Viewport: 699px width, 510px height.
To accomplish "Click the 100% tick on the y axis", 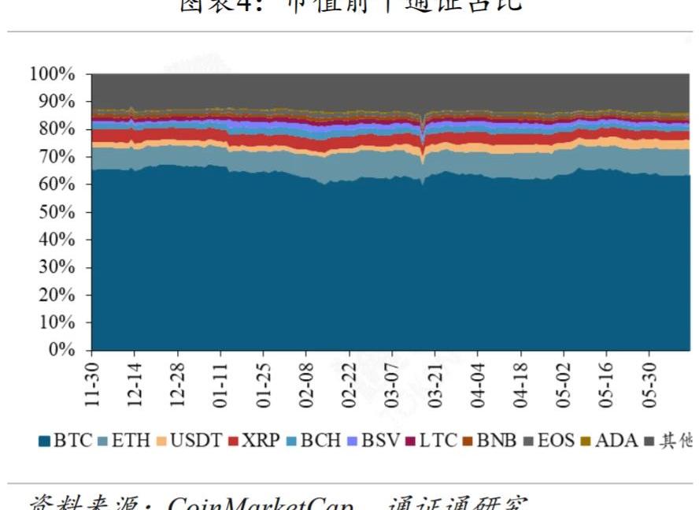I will tap(53, 74).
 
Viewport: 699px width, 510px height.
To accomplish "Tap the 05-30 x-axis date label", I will tap(647, 382).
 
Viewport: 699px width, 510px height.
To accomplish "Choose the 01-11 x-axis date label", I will tap(220, 382).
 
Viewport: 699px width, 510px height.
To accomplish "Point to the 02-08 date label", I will tap(305, 382).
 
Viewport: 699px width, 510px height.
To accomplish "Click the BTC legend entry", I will tap(66, 440).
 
